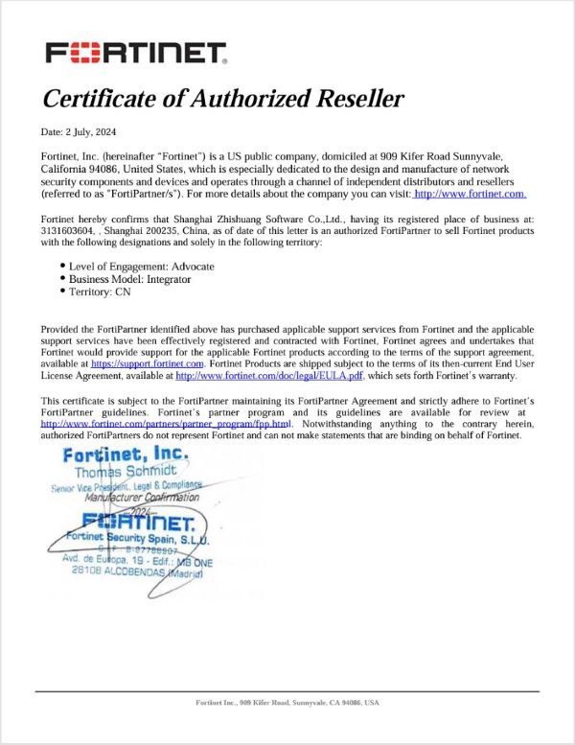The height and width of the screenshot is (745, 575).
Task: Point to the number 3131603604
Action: (68, 230)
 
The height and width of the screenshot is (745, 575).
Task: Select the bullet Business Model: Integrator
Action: (129, 278)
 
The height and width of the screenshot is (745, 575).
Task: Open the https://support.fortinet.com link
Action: (148, 364)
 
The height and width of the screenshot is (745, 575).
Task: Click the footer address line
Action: (287, 703)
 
